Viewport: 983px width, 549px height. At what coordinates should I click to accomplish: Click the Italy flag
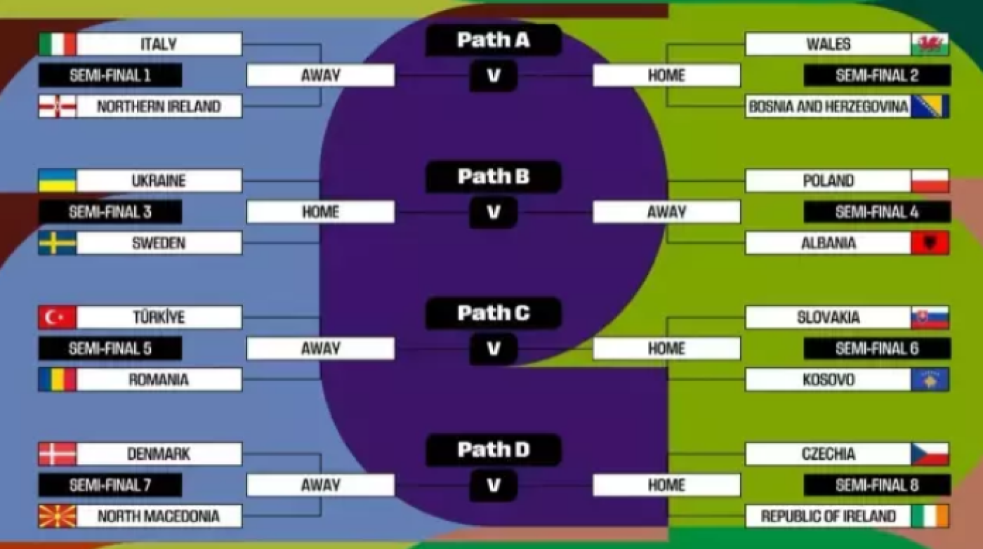point(58,44)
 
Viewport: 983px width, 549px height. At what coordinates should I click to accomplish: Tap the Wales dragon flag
point(930,44)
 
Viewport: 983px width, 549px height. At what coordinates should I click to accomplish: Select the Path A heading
point(493,40)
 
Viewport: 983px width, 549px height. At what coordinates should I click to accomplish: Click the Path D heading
point(493,450)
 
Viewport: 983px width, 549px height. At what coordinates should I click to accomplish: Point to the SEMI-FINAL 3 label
point(110,212)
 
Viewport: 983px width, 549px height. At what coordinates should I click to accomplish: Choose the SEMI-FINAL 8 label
point(877,485)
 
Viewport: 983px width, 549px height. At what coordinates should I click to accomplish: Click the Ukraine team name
point(159,180)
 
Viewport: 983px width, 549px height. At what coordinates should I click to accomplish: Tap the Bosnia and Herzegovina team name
point(828,107)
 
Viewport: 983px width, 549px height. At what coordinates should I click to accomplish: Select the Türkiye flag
point(58,317)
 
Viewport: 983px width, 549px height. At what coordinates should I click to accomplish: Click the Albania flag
point(930,243)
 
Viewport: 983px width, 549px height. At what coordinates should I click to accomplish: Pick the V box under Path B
point(493,213)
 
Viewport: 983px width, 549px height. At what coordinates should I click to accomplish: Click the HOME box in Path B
point(321,212)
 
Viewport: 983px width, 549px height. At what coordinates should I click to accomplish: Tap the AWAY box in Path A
point(321,76)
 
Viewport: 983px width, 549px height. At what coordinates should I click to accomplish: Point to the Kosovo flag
point(930,380)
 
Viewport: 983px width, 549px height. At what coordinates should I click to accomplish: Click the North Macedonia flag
point(58,516)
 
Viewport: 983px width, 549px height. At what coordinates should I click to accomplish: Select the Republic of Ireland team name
point(828,517)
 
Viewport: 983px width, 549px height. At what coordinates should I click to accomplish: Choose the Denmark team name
point(159,454)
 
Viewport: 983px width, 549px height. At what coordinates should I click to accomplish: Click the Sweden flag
point(58,243)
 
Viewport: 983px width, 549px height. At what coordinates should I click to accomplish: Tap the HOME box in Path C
point(666,348)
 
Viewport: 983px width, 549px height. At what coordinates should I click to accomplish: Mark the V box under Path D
point(493,485)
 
